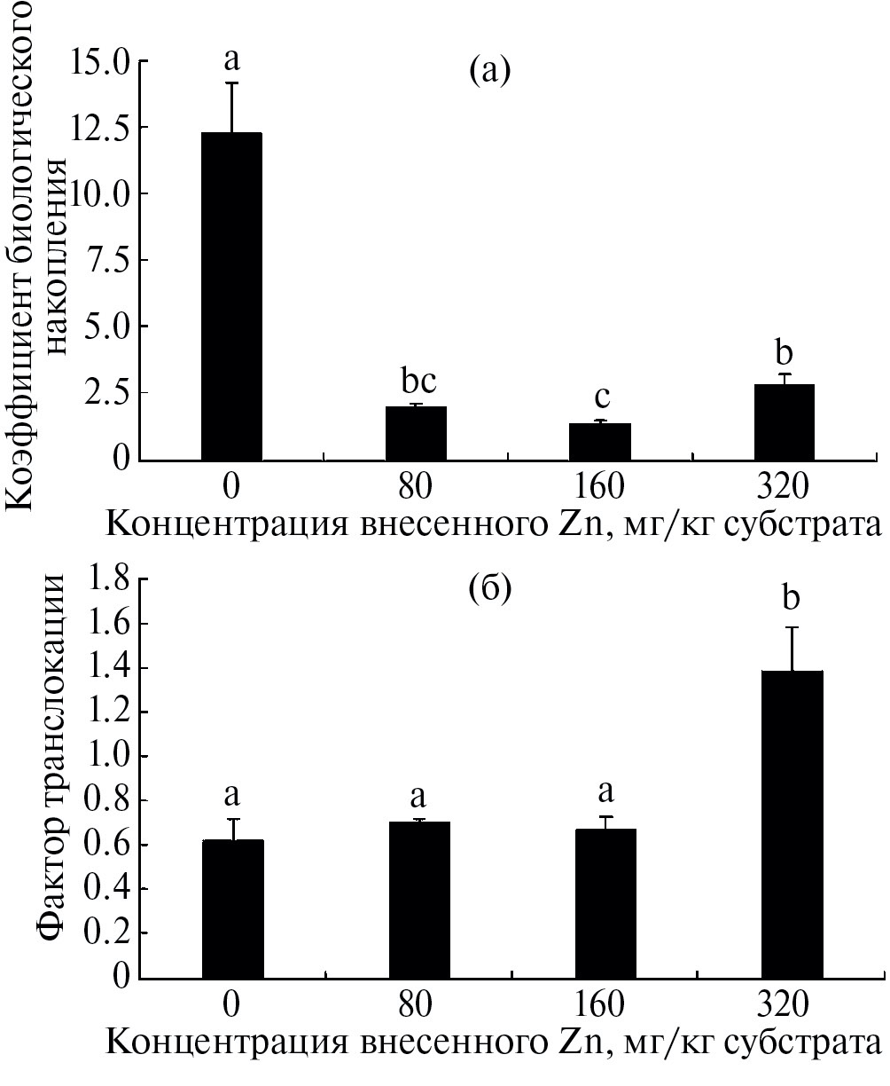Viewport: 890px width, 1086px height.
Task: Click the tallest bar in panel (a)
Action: coord(231,296)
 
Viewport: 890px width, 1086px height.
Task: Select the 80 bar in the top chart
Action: coord(416,433)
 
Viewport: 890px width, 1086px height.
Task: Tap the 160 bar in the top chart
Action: coord(600,441)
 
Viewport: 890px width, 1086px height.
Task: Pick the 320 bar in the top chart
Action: coord(784,421)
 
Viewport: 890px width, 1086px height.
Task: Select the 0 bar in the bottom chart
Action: coord(232,909)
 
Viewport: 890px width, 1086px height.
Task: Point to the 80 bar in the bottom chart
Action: coord(419,900)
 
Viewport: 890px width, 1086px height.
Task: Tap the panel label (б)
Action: coord(490,590)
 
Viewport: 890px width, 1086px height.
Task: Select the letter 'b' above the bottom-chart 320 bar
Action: coord(791,599)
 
